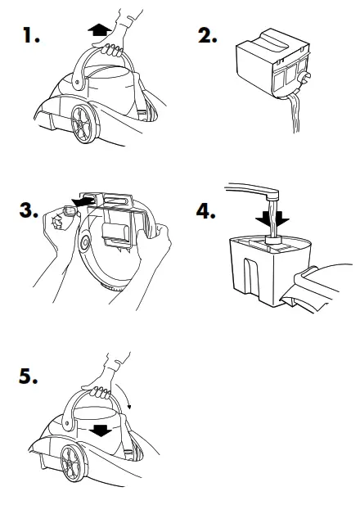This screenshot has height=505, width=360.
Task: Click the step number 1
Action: click(x=31, y=35)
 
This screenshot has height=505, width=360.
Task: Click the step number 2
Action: click(x=207, y=35)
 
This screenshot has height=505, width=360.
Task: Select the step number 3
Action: click(x=29, y=210)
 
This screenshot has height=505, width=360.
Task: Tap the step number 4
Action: click(x=205, y=211)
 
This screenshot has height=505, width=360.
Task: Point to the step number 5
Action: click(x=28, y=376)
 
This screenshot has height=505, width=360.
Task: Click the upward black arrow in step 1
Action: click(x=99, y=30)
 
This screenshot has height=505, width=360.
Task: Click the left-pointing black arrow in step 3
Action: click(x=83, y=202)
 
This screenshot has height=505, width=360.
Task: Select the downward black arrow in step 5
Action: click(x=101, y=430)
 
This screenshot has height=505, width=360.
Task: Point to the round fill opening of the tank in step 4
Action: click(x=273, y=239)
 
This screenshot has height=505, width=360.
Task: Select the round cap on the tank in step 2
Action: click(x=304, y=78)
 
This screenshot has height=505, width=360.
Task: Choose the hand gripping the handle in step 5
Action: click(x=102, y=380)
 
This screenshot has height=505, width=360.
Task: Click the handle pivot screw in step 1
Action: click(x=78, y=82)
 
